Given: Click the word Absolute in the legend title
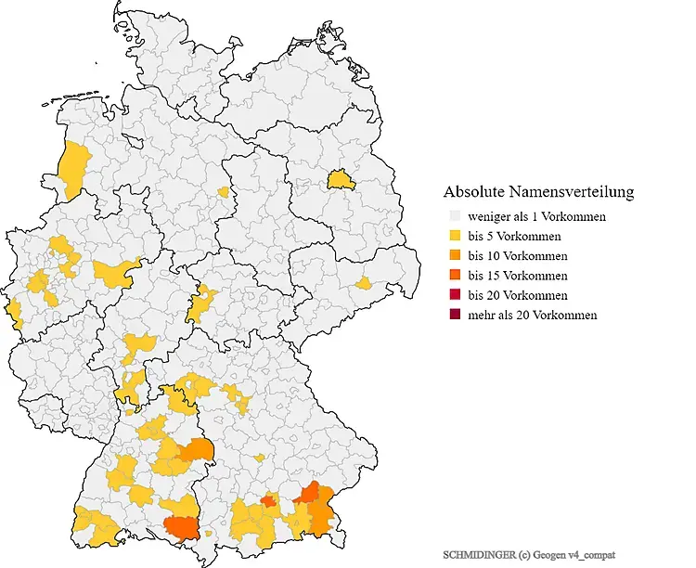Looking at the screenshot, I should (x=473, y=192).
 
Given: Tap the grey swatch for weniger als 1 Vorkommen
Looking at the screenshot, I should (x=454, y=216).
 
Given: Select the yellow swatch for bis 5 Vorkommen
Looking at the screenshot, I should (x=454, y=237).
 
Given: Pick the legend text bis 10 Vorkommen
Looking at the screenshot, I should (x=518, y=256).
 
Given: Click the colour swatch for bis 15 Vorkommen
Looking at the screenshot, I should (x=454, y=276).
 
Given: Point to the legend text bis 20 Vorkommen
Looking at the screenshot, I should (x=518, y=295).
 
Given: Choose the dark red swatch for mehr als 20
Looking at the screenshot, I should (x=454, y=316).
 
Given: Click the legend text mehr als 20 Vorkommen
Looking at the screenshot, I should (x=532, y=316).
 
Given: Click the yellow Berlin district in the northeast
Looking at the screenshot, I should (x=341, y=177).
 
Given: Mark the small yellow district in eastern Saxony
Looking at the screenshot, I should (x=365, y=282).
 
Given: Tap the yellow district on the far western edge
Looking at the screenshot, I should (x=13, y=311).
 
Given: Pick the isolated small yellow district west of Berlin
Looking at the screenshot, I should (x=223, y=192).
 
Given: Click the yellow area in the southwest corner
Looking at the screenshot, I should (x=97, y=527).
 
